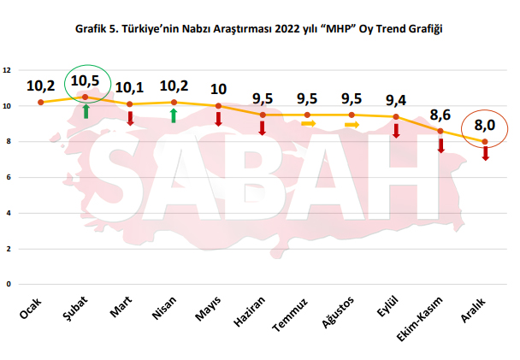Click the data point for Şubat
(x=85, y=97)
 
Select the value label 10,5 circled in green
(x=86, y=81)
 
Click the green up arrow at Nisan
(x=174, y=115)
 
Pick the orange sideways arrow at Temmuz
(x=308, y=124)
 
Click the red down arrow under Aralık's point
(x=485, y=153)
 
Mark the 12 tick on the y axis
(x=7, y=70)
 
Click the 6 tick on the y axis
(x=7, y=177)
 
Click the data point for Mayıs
(x=218, y=106)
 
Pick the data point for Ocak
(x=40, y=103)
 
